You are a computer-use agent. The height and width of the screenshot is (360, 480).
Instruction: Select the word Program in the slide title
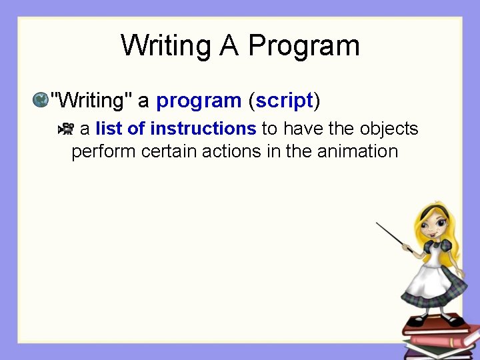pos(303,46)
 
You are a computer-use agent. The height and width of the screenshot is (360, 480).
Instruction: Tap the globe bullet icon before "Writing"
pos(41,100)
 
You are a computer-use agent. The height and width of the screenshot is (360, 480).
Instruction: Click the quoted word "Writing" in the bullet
pos(91,101)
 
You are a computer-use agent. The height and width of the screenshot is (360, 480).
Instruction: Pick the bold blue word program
pos(198,101)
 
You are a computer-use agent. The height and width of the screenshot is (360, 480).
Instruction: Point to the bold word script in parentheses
pos(284,101)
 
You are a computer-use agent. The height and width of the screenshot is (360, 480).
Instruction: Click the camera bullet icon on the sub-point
pos(67,129)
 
